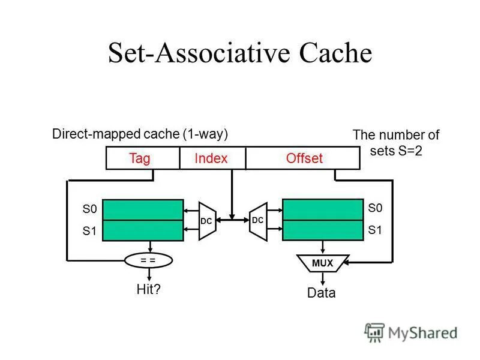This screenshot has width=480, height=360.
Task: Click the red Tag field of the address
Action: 139,158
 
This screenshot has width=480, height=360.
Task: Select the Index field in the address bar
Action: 211,158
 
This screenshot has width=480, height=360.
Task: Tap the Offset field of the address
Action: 304,158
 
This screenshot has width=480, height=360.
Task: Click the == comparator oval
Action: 148,260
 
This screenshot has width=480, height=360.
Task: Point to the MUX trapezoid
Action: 322,263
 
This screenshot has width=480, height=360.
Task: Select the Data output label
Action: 322,293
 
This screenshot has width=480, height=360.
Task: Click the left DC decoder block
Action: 206,220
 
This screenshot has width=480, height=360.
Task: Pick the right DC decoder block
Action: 258,220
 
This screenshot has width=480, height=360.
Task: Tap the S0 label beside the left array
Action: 89,209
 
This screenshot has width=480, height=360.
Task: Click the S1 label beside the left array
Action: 89,230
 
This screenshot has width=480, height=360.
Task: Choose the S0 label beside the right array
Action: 375,208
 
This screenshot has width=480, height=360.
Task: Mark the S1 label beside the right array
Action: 375,229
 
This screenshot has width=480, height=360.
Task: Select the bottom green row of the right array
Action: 323,230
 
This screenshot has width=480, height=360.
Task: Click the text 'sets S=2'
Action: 396,151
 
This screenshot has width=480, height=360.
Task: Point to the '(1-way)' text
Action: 206,134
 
